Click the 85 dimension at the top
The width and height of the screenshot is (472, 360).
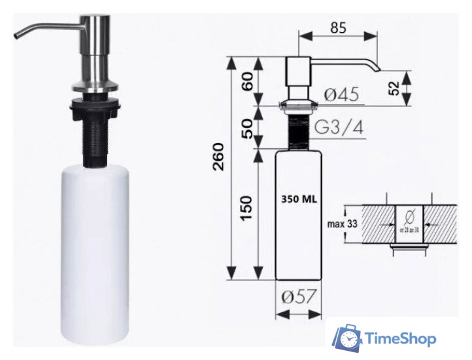pyautogui.click(x=338, y=28)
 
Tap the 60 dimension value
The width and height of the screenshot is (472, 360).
pyautogui.click(x=247, y=82)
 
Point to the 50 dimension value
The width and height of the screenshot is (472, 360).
pyautogui.click(x=247, y=127)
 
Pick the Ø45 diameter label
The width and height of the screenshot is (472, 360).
pyautogui.click(x=341, y=95)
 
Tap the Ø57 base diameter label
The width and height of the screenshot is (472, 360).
pyautogui.click(x=299, y=297)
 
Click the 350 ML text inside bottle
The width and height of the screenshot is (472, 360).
pyautogui.click(x=299, y=199)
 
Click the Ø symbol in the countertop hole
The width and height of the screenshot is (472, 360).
pyautogui.click(x=409, y=215)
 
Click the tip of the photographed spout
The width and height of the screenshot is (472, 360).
pyautogui.click(x=17, y=37)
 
